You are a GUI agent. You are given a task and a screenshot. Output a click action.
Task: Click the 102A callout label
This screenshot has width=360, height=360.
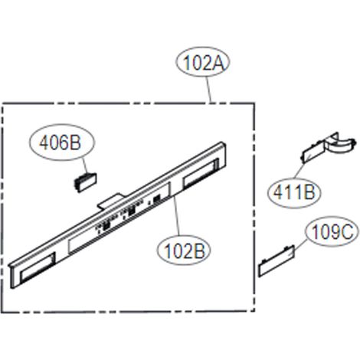203,62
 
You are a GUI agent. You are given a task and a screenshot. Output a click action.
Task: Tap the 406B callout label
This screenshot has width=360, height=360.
61,142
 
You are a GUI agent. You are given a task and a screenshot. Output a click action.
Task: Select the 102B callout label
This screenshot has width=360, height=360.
184,250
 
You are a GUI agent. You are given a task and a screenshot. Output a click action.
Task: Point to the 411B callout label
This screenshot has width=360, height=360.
294,193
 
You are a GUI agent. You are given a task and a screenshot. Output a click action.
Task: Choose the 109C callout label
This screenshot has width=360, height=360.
332,231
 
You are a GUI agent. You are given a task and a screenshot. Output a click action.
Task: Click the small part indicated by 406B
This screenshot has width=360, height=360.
85,182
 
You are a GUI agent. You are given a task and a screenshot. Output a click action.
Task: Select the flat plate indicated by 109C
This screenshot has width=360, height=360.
277,261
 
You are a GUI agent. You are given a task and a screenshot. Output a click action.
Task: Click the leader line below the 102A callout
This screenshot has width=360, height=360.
209,90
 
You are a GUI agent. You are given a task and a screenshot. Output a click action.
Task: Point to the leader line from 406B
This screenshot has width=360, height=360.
86,166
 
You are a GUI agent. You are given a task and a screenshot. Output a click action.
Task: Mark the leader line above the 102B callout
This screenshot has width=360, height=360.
176,216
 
